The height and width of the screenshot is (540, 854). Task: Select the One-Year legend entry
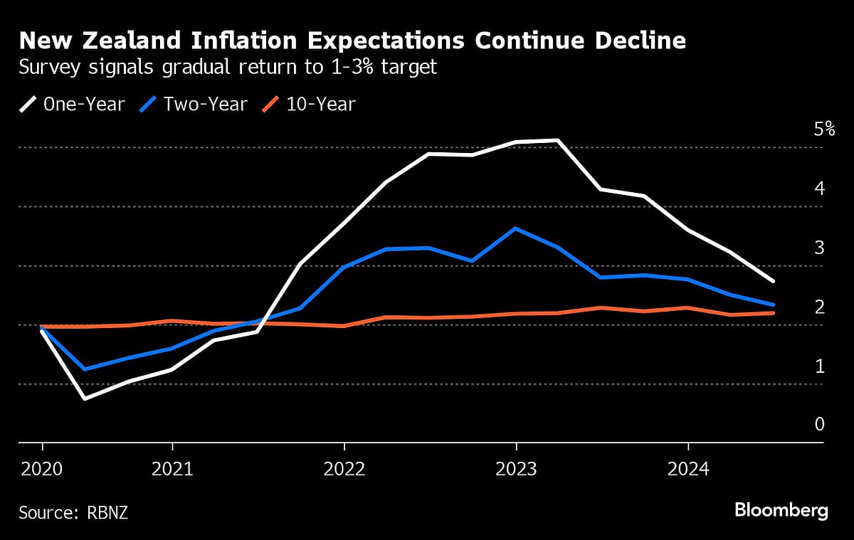(x=72, y=105)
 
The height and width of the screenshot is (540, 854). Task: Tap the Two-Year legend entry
(x=193, y=105)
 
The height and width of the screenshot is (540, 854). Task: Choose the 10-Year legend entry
(x=309, y=105)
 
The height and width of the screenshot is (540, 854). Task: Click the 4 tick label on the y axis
(x=819, y=189)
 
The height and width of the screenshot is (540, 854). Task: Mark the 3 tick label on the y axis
(x=819, y=248)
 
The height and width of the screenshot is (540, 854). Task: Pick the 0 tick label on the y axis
(x=819, y=425)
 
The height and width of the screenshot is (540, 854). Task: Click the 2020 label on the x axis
(x=42, y=468)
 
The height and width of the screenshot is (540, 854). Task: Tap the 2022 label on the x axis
(x=344, y=468)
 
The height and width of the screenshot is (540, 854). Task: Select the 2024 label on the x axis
(x=688, y=468)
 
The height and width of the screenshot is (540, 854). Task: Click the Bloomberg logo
(x=781, y=510)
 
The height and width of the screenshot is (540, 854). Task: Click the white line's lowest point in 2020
(x=85, y=398)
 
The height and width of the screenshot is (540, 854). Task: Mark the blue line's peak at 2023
(x=515, y=228)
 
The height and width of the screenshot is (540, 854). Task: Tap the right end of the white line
(x=774, y=281)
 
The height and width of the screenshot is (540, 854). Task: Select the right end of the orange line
(x=774, y=313)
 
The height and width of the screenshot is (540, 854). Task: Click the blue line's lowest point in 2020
(x=85, y=369)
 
